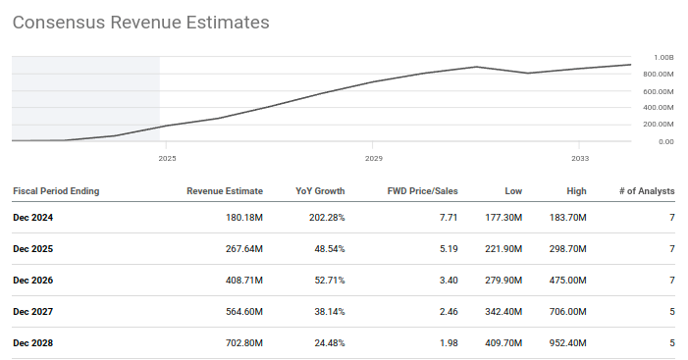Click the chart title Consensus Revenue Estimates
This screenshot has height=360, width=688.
tap(140, 22)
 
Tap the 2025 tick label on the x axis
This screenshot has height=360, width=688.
tap(168, 157)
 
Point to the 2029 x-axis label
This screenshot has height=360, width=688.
tap(373, 157)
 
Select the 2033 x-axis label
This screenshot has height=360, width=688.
tap(580, 157)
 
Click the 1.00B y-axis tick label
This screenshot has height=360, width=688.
tap(662, 57)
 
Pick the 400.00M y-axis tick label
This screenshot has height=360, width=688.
tap(659, 108)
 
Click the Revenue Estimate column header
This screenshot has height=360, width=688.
tap(225, 190)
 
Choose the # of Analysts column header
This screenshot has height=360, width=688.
tap(643, 190)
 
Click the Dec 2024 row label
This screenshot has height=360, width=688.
tap(33, 217)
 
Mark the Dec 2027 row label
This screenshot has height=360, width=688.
tap(33, 311)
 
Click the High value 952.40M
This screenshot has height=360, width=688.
tap(568, 342)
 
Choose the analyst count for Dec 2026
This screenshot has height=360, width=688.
tap(671, 280)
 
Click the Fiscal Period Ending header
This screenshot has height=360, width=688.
tap(56, 190)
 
